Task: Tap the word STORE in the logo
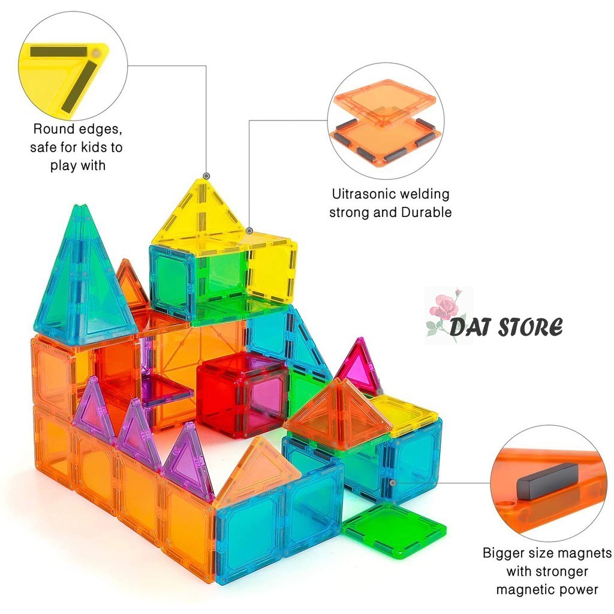[x=531, y=327]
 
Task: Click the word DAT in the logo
[x=470, y=327]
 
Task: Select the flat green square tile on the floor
[x=394, y=533]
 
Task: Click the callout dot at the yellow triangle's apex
[x=206, y=176]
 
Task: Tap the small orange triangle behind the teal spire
[x=131, y=284]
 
